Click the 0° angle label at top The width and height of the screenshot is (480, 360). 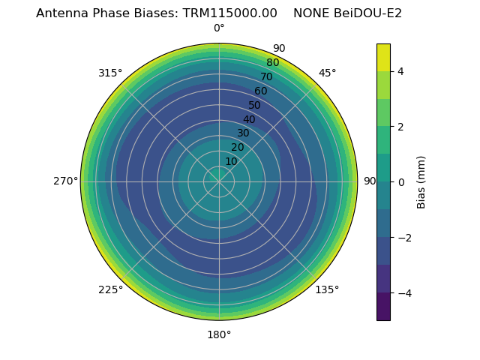click(219, 28)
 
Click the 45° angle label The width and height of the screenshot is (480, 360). click(328, 73)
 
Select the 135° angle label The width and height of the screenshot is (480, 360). click(327, 289)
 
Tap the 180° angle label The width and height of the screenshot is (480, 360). click(219, 334)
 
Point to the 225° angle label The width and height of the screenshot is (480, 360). click(110, 290)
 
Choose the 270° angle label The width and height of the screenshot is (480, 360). click(65, 181)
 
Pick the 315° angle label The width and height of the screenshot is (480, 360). click(110, 73)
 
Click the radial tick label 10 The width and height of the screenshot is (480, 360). click(231, 161)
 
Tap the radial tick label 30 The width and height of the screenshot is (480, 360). click(243, 133)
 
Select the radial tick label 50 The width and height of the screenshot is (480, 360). click(255, 105)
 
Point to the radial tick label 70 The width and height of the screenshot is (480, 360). click(266, 76)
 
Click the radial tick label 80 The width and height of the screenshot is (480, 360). click(272, 62)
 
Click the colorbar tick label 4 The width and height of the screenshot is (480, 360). click(401, 71)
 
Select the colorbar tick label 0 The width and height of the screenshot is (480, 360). click(401, 181)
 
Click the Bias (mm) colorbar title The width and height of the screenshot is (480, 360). click(421, 181)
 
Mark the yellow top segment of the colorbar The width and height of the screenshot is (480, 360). click(383, 57)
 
